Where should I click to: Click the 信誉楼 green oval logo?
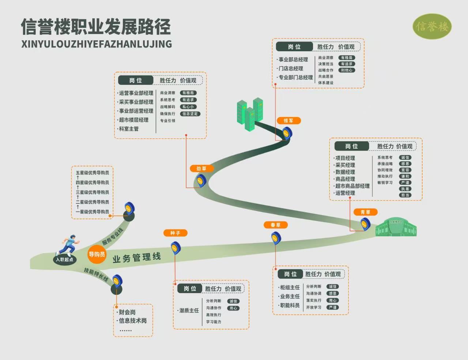coord(432,26)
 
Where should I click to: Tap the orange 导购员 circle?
coord(97,254)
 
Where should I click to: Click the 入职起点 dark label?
coord(64,260)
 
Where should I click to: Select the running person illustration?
coord(68,244)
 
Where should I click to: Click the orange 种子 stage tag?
coord(175,233)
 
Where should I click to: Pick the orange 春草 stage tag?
coord(275,225)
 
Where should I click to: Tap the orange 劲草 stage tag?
coord(201,169)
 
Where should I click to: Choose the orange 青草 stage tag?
coord(365,212)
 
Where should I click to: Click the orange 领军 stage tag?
coord(288,121)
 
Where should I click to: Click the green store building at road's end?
coord(396,228)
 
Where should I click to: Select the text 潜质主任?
coord(189,311)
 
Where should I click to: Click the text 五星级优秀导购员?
coord(92,173)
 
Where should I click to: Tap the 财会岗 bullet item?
coord(127,312)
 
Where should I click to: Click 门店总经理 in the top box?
coord(291,68)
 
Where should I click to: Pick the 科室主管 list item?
coord(129,129)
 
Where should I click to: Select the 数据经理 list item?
coord(345,172)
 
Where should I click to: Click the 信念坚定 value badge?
coord(190,114)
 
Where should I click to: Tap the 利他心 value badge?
coord(346,70)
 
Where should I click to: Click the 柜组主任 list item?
coord(290,288)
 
